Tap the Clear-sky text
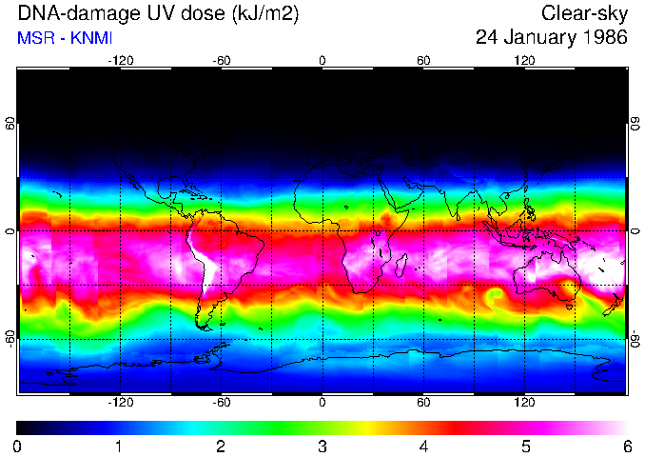(x=584, y=13)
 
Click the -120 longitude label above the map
(x=120, y=60)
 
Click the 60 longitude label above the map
(x=423, y=60)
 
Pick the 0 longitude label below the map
(x=322, y=403)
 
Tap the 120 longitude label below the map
(x=524, y=403)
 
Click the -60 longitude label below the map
(x=221, y=403)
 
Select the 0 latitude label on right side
(x=635, y=231)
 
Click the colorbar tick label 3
(x=322, y=446)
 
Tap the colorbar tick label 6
(x=626, y=446)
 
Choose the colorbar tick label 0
(x=18, y=446)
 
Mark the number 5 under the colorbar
(x=525, y=446)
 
